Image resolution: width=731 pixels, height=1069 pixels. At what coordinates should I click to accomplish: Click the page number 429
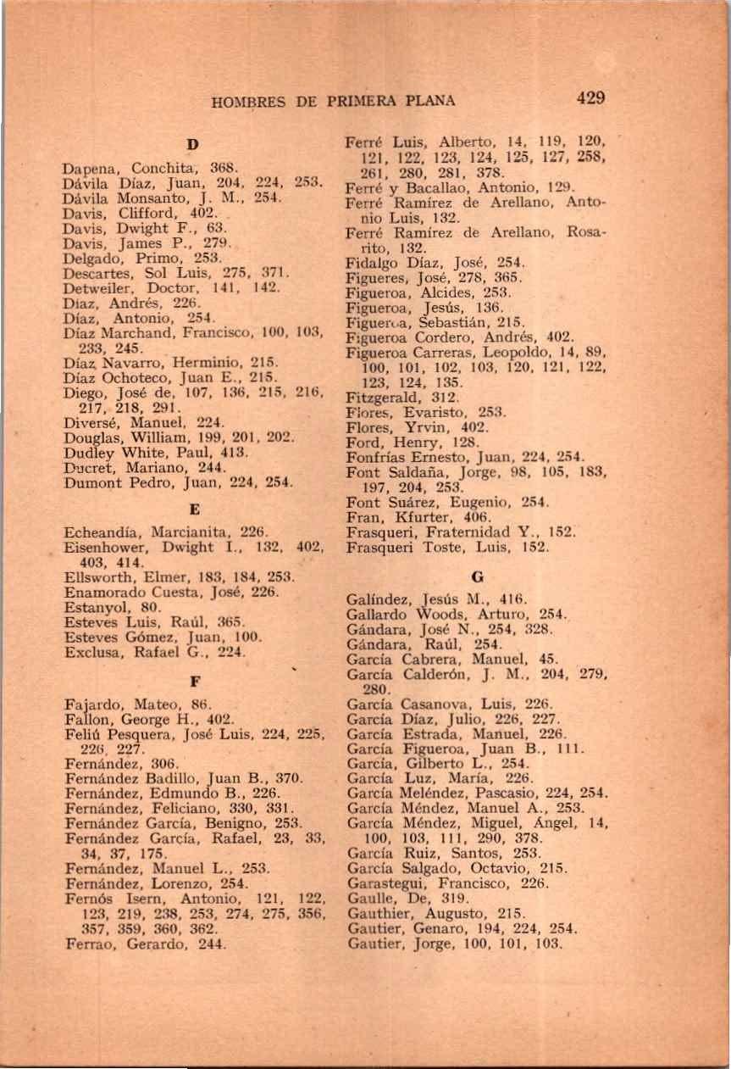[x=590, y=97]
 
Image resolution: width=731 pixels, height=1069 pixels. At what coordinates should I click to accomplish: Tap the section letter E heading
[x=194, y=510]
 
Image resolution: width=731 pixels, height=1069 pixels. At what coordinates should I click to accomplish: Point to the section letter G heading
[x=477, y=576]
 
